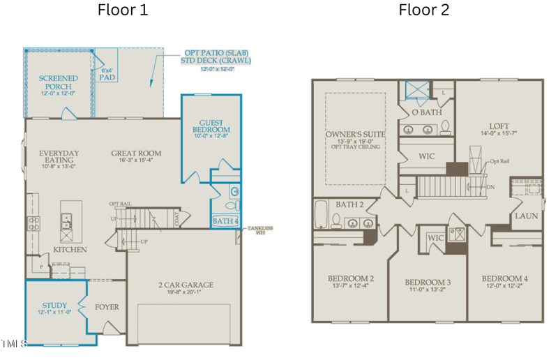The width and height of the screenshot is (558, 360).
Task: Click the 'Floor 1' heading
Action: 122,10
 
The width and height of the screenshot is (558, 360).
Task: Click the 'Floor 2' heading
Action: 424,10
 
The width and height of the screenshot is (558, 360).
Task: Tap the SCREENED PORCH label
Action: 58,82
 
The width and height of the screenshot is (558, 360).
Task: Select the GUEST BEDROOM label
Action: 211,126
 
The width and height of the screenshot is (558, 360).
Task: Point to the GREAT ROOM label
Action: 136,153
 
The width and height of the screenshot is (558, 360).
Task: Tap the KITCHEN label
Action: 70,249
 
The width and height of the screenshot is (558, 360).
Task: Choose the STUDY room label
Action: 54,306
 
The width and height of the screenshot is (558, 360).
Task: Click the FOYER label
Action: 107,306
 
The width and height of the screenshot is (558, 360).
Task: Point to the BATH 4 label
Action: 225,222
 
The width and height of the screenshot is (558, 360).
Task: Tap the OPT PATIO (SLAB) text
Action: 216,52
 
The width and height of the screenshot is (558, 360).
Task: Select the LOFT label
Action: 499,127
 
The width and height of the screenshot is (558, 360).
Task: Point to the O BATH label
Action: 426,112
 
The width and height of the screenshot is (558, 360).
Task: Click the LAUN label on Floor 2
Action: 526,216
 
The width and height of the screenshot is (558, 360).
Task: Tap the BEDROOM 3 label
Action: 428,283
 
